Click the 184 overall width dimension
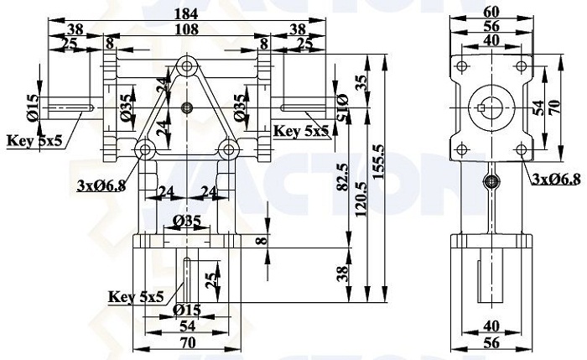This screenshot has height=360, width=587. [x=187, y=14]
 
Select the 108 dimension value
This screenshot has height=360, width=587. [x=187, y=29]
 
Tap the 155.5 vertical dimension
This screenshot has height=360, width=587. [x=379, y=162]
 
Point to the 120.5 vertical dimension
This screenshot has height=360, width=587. [x=361, y=199]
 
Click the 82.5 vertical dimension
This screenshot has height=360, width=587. [x=342, y=177]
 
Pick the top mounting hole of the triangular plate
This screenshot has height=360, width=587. [x=187, y=67]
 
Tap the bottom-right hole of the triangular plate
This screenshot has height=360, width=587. [x=228, y=150]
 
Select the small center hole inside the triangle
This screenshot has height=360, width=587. [x=187, y=108]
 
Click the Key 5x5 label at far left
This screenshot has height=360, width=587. [x=35, y=141]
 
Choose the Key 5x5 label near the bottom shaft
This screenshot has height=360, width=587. [x=136, y=297]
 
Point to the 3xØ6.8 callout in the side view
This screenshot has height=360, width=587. [x=555, y=180]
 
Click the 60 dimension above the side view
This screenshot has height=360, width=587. [x=491, y=13]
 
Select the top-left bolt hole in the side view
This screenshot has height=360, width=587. [x=462, y=66]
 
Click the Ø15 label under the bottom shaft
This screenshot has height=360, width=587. [x=187, y=310]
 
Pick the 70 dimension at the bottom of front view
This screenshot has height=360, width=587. [x=188, y=342]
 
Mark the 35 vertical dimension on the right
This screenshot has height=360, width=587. [x=361, y=83]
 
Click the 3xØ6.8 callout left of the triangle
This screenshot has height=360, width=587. [x=101, y=185]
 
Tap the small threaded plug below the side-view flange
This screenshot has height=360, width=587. [x=491, y=182]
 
